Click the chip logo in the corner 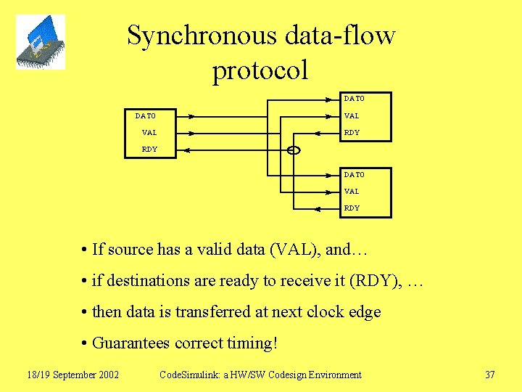click(x=41, y=42)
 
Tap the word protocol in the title click(x=260, y=70)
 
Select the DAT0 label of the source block click(x=146, y=115)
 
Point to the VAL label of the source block click(x=149, y=133)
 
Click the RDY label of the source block click(x=149, y=150)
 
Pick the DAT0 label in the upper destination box click(x=355, y=99)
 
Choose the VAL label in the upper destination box click(x=352, y=116)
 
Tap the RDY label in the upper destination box click(x=352, y=133)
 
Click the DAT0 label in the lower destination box click(x=355, y=175)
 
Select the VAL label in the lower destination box click(x=352, y=192)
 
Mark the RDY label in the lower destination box click(x=352, y=208)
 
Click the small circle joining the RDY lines click(x=294, y=150)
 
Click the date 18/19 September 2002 click(x=73, y=375)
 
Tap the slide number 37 click(x=489, y=375)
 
